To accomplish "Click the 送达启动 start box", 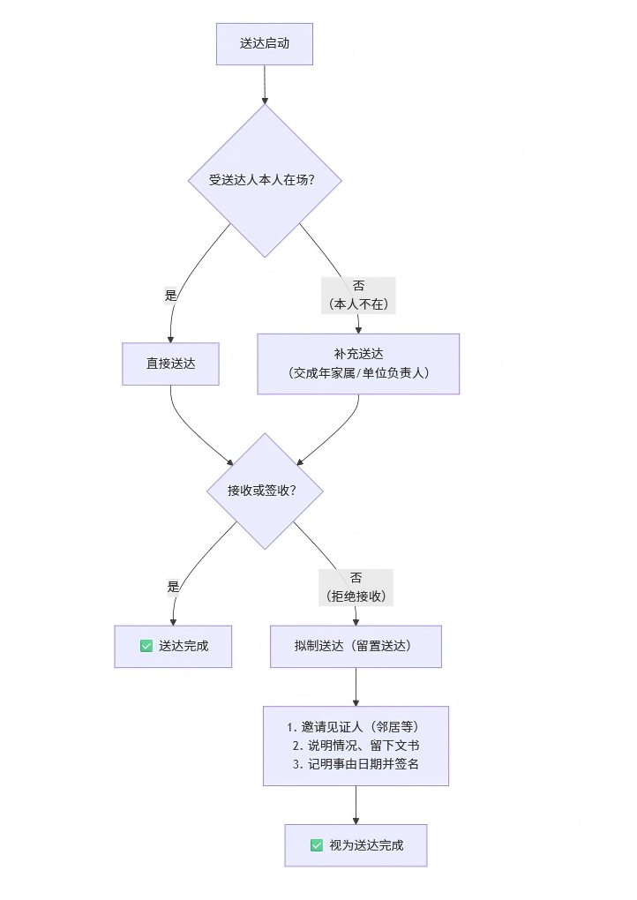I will tap(265, 43).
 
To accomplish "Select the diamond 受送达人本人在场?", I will tap(265, 180).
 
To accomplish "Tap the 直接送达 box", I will tap(170, 364).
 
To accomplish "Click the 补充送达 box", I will tap(358, 364).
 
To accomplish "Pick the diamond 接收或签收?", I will tap(265, 491).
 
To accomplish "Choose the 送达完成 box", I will tap(173, 646).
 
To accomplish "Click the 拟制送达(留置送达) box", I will tap(356, 646).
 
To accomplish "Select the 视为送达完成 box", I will tap(356, 845).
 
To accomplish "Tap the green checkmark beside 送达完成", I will tap(146, 646).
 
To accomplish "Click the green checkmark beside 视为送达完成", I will tap(317, 845).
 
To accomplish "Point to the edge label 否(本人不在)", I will tap(358, 295).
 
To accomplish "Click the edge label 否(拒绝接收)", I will tap(356, 587).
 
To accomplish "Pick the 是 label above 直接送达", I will tap(171, 296).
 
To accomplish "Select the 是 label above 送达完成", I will tap(173, 587).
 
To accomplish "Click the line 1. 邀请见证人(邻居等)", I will tap(356, 727).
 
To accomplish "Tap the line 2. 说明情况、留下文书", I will tap(356, 746).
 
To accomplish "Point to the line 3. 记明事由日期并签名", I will tap(356, 764).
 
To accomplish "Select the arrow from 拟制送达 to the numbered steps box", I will tap(356, 686).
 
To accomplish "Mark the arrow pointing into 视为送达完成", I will tap(356, 806).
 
